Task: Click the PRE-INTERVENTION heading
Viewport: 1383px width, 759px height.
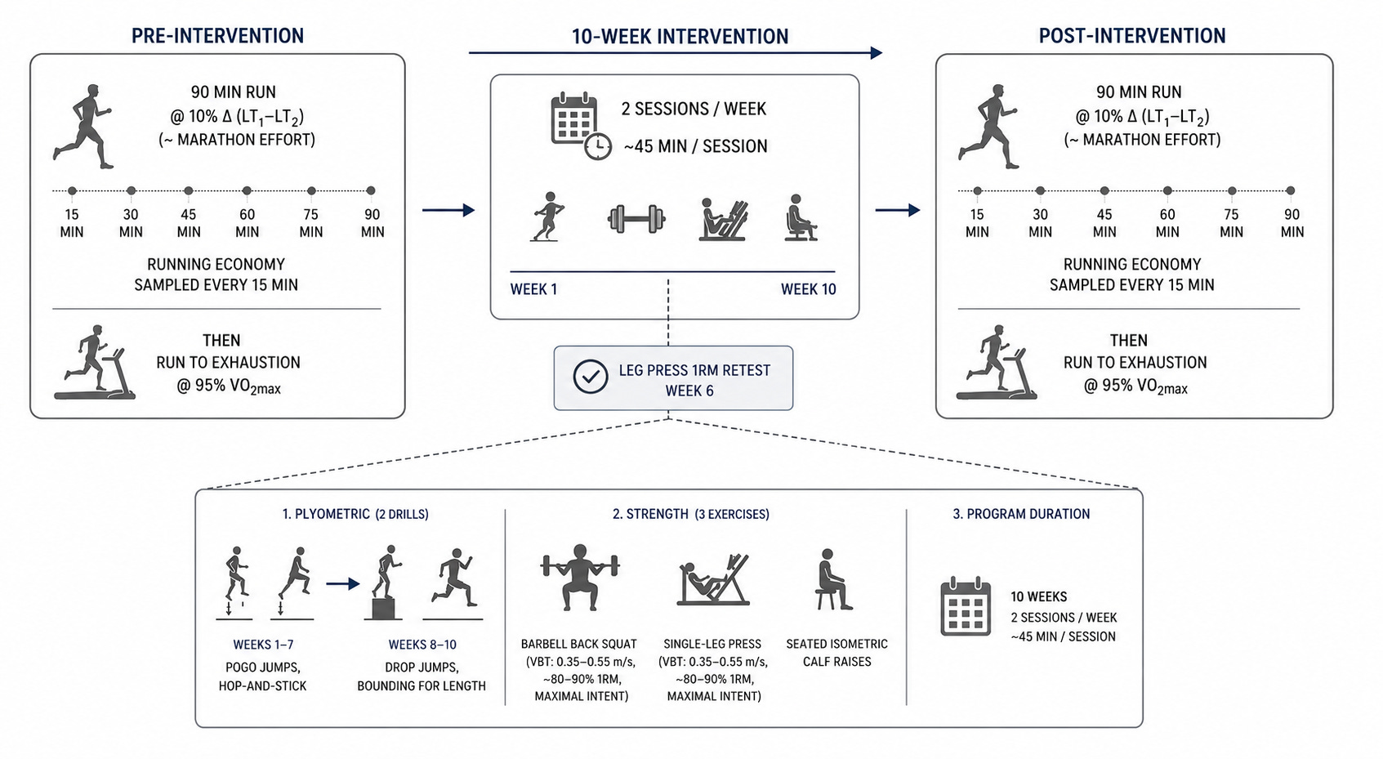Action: [x=217, y=36]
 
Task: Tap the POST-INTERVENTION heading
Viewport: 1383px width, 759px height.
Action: [x=1131, y=36]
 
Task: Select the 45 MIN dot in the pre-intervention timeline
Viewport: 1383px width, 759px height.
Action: [x=189, y=191]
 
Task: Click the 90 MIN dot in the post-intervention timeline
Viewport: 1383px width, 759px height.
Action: [x=1291, y=191]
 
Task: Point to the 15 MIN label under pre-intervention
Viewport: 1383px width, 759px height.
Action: [x=72, y=223]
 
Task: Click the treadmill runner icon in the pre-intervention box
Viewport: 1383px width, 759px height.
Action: [x=95, y=362]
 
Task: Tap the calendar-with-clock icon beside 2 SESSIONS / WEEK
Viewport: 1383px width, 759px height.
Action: [x=580, y=126]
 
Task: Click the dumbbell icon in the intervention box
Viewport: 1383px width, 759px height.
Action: [x=636, y=219]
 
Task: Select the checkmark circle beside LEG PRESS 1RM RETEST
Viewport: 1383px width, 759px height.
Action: [x=591, y=377]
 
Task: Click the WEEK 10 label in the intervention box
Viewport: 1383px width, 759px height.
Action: [x=808, y=289]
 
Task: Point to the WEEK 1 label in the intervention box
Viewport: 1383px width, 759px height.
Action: [x=533, y=289]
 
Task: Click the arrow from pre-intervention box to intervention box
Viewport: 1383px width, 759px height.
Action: [x=448, y=210]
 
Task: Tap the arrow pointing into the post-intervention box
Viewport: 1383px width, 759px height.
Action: [x=898, y=210]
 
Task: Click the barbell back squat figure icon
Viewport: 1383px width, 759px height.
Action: [x=580, y=578]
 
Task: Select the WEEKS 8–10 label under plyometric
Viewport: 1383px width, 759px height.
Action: [x=422, y=645]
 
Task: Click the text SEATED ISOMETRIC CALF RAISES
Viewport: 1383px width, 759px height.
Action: [x=836, y=653]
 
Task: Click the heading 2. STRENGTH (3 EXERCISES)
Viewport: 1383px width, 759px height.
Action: [x=690, y=514]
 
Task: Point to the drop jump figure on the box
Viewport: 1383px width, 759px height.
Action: [x=386, y=582]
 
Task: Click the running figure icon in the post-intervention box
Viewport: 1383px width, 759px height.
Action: [x=988, y=127]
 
